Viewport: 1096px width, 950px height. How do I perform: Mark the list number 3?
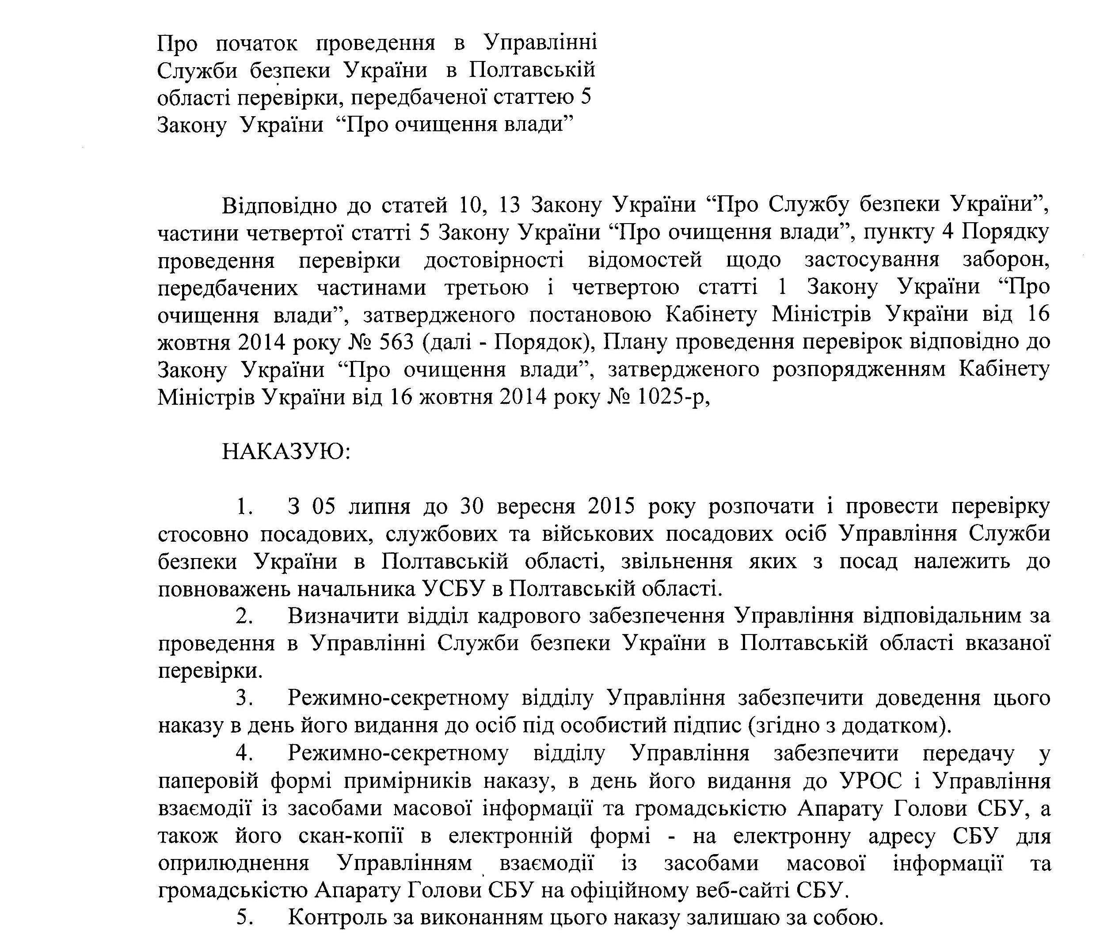243,699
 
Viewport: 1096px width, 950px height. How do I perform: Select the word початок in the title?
257,43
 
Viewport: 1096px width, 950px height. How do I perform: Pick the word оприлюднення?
234,864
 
